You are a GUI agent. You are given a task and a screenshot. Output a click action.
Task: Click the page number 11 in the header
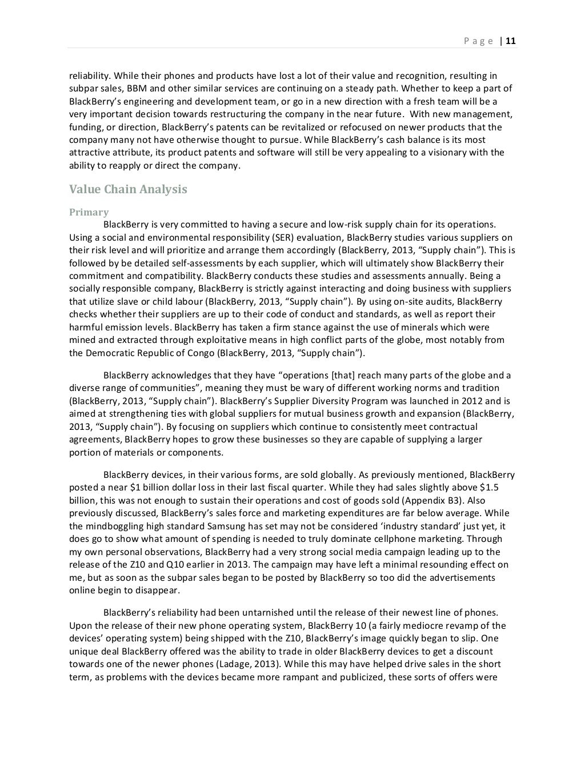pos(511,41)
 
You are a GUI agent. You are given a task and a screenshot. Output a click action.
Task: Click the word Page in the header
pos(478,41)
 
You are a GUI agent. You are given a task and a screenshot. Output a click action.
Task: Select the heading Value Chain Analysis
pos(128,189)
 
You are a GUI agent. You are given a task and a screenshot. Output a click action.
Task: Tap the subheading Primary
pos(89,212)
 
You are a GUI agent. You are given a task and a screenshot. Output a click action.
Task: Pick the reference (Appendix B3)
pos(437,500)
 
